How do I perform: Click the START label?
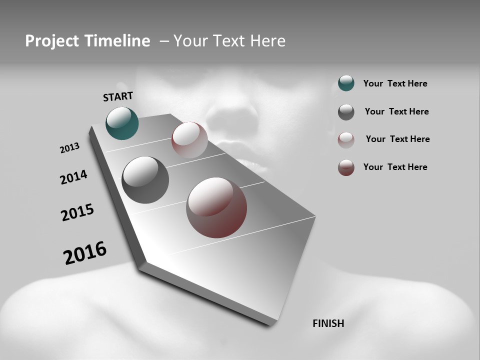(x=118, y=96)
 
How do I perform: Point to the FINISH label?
(x=328, y=323)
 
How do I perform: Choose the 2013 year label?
(x=69, y=148)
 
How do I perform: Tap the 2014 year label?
(x=73, y=177)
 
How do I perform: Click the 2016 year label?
(x=85, y=253)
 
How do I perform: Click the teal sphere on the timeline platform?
(x=122, y=123)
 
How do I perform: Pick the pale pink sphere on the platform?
(x=189, y=139)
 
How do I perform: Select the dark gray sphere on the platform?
(x=145, y=179)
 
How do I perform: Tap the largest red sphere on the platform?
(x=216, y=207)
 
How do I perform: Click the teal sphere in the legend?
(x=346, y=83)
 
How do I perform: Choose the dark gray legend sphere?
(x=346, y=112)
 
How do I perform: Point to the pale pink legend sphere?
(x=346, y=140)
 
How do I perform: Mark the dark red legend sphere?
(x=346, y=167)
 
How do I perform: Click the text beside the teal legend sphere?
(x=395, y=83)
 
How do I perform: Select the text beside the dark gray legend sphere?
(x=396, y=111)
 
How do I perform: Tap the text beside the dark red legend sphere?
(x=395, y=167)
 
